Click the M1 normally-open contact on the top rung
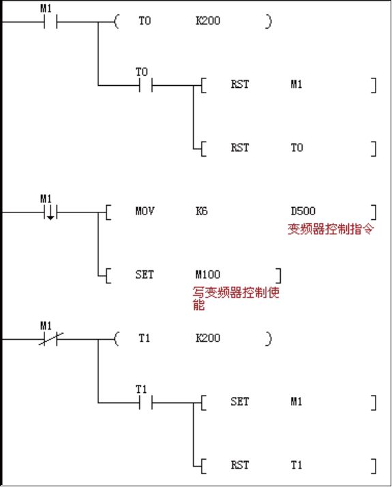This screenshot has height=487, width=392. point(50,22)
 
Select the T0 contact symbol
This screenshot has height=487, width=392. point(146,85)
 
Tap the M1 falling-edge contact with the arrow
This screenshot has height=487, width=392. point(50,213)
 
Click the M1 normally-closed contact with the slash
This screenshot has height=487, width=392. point(50,339)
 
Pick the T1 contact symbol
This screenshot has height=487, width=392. point(146,403)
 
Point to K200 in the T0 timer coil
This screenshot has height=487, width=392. point(208,21)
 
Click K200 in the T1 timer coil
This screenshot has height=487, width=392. point(208,338)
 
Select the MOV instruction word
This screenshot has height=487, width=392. point(145,211)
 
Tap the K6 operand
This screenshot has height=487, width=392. point(201,211)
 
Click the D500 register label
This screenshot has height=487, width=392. point(303,211)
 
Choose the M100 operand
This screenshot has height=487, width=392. point(208,274)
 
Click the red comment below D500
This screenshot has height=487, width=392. point(331,230)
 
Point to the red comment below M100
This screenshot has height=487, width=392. point(236,298)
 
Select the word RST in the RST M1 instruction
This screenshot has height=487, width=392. point(240,84)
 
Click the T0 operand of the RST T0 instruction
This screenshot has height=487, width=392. point(297,148)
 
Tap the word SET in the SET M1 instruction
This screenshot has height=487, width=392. point(240,402)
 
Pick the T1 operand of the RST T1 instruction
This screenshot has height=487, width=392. point(297,465)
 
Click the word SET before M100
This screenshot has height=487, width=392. point(145,274)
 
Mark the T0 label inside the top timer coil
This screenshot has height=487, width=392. point(145,21)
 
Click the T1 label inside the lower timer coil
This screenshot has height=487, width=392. point(145,338)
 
